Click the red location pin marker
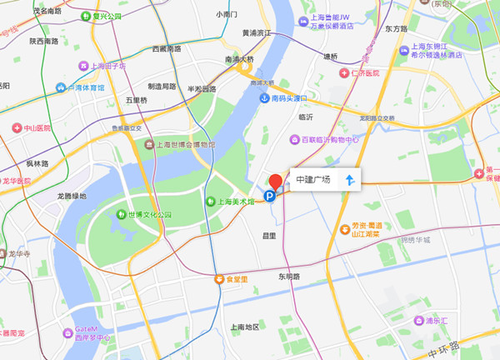click(275, 181)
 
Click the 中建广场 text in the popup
click(313, 180)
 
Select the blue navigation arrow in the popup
click(350, 180)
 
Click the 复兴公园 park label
click(106, 16)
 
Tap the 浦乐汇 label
click(439, 320)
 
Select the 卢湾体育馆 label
click(86, 87)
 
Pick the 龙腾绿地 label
click(71, 196)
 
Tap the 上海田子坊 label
click(108, 66)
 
